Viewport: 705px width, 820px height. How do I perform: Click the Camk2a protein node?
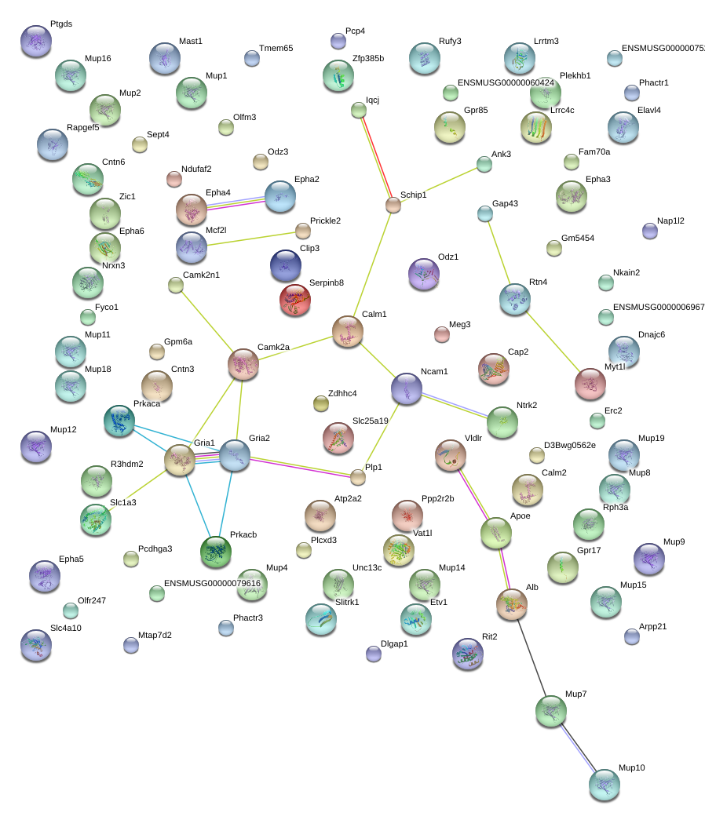243,364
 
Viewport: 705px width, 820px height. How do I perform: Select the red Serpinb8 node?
295,300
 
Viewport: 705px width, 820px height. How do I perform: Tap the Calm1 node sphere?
347,331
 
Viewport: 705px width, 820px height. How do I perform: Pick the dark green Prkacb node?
215,552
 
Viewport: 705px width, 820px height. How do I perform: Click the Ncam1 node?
407,388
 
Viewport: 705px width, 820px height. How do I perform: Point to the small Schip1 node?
393,206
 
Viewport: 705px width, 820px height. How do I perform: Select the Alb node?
512,604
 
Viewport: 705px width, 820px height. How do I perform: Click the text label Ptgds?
61,24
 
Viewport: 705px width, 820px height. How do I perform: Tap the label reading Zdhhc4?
342,393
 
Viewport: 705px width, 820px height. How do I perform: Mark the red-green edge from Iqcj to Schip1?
375,157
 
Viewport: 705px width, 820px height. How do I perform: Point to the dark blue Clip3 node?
285,265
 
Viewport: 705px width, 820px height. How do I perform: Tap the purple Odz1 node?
424,274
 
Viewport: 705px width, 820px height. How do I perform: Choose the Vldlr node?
451,455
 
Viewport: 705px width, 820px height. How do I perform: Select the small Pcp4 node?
338,41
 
